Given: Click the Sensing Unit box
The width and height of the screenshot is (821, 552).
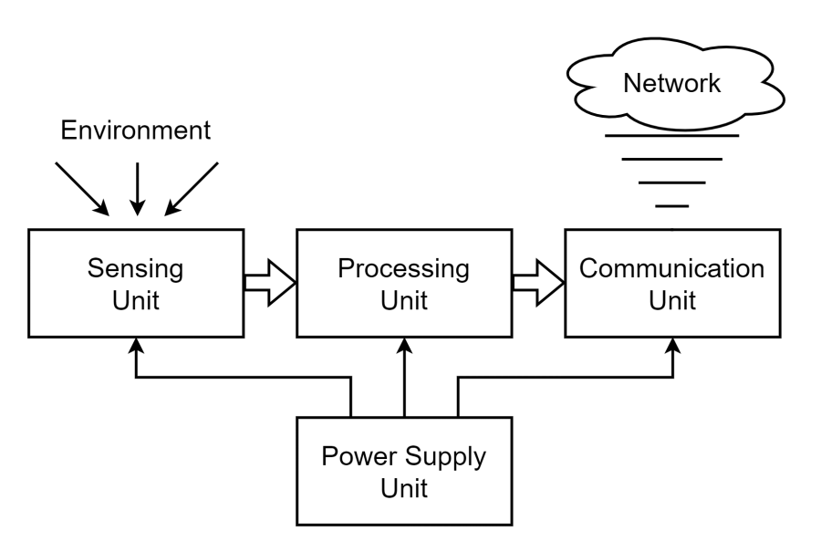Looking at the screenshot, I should (x=136, y=284).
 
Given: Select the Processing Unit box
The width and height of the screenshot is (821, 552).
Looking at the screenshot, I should (x=404, y=284).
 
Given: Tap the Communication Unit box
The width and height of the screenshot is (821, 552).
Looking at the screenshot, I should (x=672, y=284).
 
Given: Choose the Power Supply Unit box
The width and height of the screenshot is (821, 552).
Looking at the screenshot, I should (x=404, y=472).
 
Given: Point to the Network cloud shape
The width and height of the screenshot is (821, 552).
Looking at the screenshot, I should (x=675, y=84).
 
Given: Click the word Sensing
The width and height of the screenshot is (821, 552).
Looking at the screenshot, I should (x=135, y=269).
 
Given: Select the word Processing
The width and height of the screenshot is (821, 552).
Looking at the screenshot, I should (x=403, y=269).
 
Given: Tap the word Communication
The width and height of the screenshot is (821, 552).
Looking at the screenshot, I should (x=672, y=268).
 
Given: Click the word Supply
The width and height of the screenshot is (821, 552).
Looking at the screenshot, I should (x=445, y=457).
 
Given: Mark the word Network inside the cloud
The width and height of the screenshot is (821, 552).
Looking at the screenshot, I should (x=671, y=83).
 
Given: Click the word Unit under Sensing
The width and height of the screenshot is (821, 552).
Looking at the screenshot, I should (x=136, y=300).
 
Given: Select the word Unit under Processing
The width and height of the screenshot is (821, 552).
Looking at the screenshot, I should (x=404, y=300).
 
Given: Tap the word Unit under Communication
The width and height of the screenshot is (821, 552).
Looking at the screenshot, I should (x=672, y=300).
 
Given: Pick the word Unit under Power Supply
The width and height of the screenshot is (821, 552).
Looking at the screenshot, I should (x=404, y=488).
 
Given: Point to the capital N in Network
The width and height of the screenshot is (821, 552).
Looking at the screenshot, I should (x=632, y=83).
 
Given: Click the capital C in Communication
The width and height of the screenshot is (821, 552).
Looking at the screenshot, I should (x=589, y=268).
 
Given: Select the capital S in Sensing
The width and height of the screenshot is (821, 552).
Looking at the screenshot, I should (x=96, y=268).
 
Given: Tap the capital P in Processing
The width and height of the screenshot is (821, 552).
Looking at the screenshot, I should (x=346, y=268).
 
